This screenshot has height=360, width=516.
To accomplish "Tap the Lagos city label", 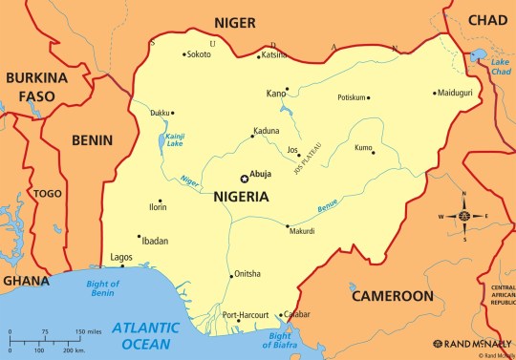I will [121, 257].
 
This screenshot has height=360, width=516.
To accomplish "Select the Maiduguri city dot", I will [435, 94].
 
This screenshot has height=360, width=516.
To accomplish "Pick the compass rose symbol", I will [463, 216].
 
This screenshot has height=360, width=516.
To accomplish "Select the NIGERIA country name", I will [234, 197].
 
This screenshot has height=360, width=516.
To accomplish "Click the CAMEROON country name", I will [392, 296].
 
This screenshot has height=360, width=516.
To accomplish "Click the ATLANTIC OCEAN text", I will [145, 334].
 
